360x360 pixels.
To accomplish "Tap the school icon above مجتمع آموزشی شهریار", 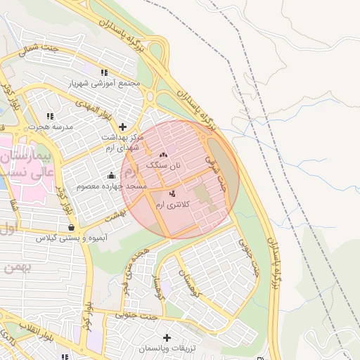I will pos(104,72).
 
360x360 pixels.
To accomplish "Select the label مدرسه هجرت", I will pos(49,127).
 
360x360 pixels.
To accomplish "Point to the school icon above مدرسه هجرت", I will pos(49,116).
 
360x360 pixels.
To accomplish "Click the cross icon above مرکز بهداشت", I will pos(123,127).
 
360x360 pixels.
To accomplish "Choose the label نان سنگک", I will pos(163,165).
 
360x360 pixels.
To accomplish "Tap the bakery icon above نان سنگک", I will pos(164,155).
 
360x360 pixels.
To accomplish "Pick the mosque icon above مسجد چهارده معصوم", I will pos(111,176).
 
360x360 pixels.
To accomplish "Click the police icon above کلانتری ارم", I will pos(172,193).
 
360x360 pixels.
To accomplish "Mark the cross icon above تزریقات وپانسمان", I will pos(167,338).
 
